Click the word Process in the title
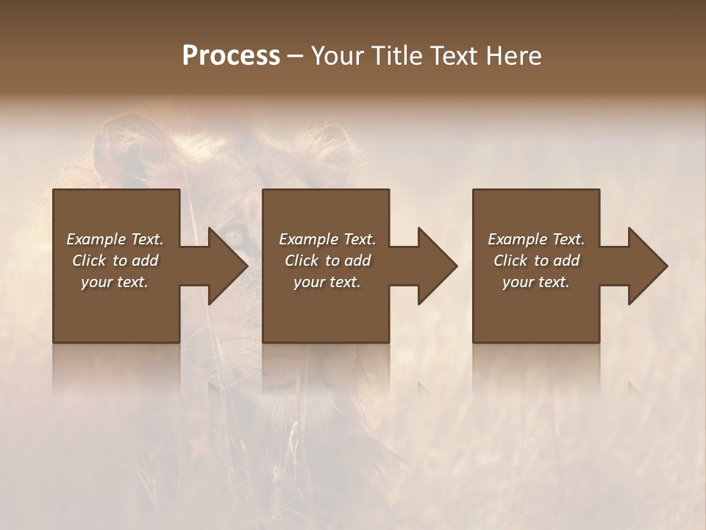click(231, 56)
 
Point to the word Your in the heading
click(338, 56)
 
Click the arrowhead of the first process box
click(225, 266)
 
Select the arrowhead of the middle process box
click(435, 266)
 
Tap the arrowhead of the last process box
click(645, 266)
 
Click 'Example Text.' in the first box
click(115, 239)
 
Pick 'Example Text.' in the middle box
click(327, 239)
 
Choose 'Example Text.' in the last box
click(536, 239)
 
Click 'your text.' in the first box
click(115, 282)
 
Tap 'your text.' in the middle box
click(327, 282)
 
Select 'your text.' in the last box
click(536, 282)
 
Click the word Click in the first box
click(89, 261)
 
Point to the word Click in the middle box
click(302, 261)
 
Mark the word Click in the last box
click(510, 261)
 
